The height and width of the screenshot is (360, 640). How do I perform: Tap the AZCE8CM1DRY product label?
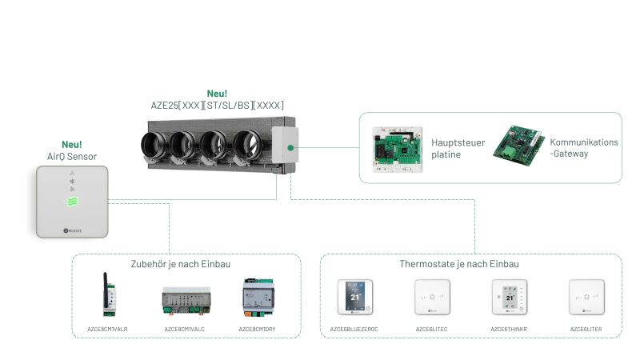[258, 328]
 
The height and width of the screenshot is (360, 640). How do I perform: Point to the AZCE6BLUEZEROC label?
[354, 328]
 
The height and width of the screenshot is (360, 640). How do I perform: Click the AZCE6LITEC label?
[433, 328]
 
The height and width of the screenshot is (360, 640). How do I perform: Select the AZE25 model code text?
[217, 105]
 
